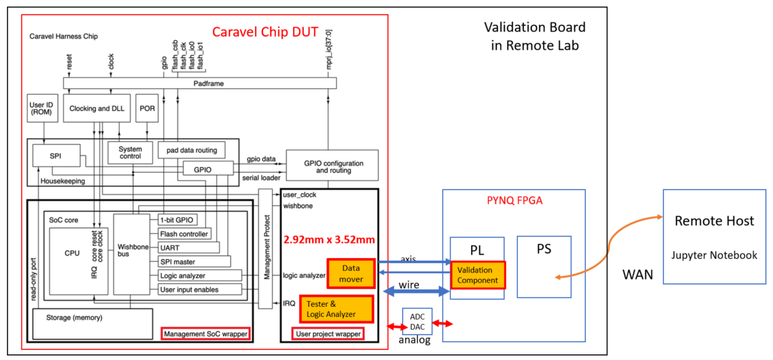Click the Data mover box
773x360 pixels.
(x=351, y=273)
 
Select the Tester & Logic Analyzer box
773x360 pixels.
(x=335, y=309)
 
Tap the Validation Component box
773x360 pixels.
(x=477, y=275)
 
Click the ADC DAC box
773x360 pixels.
(x=417, y=322)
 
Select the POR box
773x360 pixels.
(x=146, y=108)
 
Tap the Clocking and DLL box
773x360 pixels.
(x=98, y=108)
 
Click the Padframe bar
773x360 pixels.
(x=199, y=83)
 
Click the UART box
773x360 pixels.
(x=188, y=247)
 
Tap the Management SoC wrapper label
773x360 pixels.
(x=205, y=334)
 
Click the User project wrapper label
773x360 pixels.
(x=328, y=334)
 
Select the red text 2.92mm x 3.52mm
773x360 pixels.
(x=329, y=240)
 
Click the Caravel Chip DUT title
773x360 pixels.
(x=264, y=32)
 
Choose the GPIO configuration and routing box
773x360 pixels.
(x=332, y=166)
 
